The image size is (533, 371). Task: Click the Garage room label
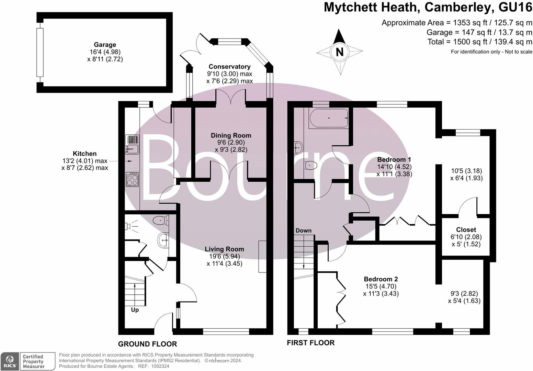[x=105, y=45]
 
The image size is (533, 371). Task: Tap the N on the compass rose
[x=339, y=52]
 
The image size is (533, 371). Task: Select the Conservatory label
[x=229, y=67]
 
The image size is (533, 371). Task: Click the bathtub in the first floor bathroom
[x=329, y=118]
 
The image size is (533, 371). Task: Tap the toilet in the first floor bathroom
[x=310, y=166]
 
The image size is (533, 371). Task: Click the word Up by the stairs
[x=135, y=310]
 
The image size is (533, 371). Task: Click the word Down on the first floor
[x=303, y=231]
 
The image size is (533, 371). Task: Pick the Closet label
[x=466, y=229]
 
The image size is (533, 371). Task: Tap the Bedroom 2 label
[x=381, y=279]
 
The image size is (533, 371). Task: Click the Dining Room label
[x=231, y=135]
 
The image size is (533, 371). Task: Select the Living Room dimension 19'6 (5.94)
[x=224, y=256]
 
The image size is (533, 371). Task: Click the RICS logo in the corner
[x=9, y=361]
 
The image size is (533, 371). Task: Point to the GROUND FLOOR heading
[x=147, y=344]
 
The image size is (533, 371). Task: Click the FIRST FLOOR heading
[x=310, y=342]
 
